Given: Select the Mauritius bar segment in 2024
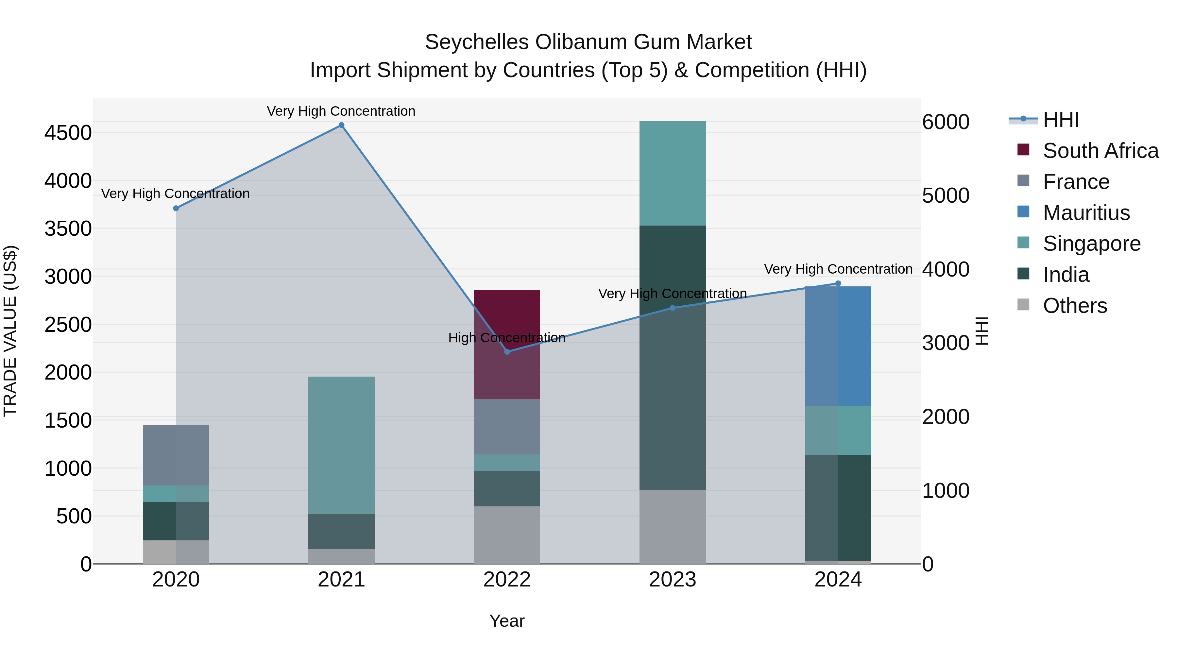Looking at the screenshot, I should click(x=838, y=346).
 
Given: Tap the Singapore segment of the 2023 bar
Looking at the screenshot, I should click(x=672, y=173).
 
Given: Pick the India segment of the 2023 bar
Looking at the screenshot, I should click(x=672, y=357).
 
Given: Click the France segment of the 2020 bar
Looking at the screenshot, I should click(x=176, y=455).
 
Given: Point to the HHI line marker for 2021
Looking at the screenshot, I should click(x=341, y=125).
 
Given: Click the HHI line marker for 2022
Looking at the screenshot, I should click(x=507, y=351).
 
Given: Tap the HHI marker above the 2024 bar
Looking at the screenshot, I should click(x=838, y=283).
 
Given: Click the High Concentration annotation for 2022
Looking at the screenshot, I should click(x=507, y=338).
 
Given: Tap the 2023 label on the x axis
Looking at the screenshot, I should click(x=672, y=580).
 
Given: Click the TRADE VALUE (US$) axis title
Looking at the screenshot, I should click(x=10, y=331).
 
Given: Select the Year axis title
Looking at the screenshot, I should click(x=507, y=621).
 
